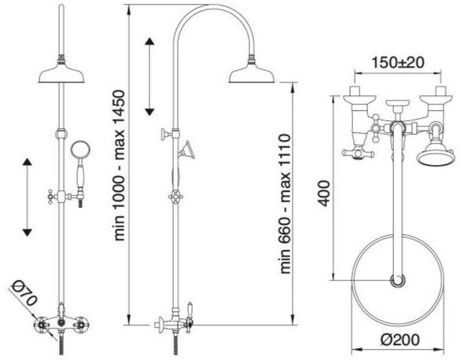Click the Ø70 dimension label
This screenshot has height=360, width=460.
point(25,294)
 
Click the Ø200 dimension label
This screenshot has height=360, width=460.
point(400,340)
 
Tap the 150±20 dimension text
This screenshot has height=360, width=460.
point(398,62)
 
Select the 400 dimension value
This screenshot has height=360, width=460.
point(324,193)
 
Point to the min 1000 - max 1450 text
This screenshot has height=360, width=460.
point(119,165)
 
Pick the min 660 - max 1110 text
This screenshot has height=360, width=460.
point(285,204)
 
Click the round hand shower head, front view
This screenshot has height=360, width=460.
point(80,149)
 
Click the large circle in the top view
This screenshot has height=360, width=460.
point(398,235)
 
